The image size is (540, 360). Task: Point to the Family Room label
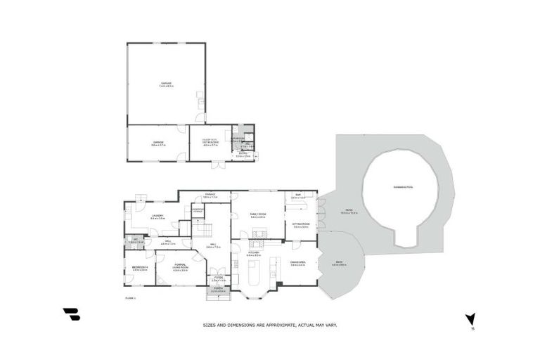(x=258, y=216)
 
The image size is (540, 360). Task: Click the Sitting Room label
(x=301, y=226)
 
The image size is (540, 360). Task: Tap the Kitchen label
(x=254, y=253)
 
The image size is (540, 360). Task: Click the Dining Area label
(x=297, y=264)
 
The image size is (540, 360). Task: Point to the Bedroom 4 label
(x=139, y=269)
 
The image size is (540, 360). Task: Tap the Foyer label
(x=218, y=279)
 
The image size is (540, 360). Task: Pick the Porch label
(x=218, y=290)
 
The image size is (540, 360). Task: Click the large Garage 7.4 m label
(x=166, y=84)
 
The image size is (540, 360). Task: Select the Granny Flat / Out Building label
(x=210, y=144)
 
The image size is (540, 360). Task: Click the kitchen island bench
(x=255, y=270)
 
